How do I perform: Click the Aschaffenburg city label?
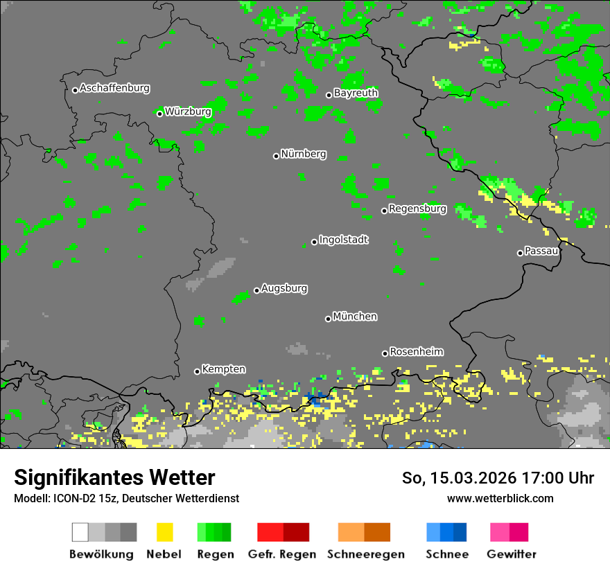click(x=114, y=89)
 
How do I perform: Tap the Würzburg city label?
click(x=188, y=112)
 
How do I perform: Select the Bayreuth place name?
click(x=356, y=93)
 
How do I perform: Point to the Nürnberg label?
click(x=303, y=154)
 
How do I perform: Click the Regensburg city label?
click(x=417, y=209)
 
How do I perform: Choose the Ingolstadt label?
click(x=344, y=240)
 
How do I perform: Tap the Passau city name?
click(x=542, y=251)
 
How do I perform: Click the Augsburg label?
click(x=284, y=288)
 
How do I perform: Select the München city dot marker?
click(x=328, y=319)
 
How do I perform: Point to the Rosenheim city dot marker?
click(x=385, y=353)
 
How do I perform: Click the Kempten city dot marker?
click(x=197, y=371)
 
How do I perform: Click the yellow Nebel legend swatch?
click(x=164, y=532)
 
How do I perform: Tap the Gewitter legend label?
click(x=512, y=554)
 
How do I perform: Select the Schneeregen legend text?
click(x=366, y=554)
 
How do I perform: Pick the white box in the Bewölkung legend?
click(x=80, y=532)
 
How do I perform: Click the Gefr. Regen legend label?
click(x=282, y=554)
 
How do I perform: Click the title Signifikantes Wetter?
click(x=114, y=477)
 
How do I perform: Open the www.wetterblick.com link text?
click(x=500, y=498)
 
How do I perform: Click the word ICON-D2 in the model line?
click(x=71, y=499)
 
